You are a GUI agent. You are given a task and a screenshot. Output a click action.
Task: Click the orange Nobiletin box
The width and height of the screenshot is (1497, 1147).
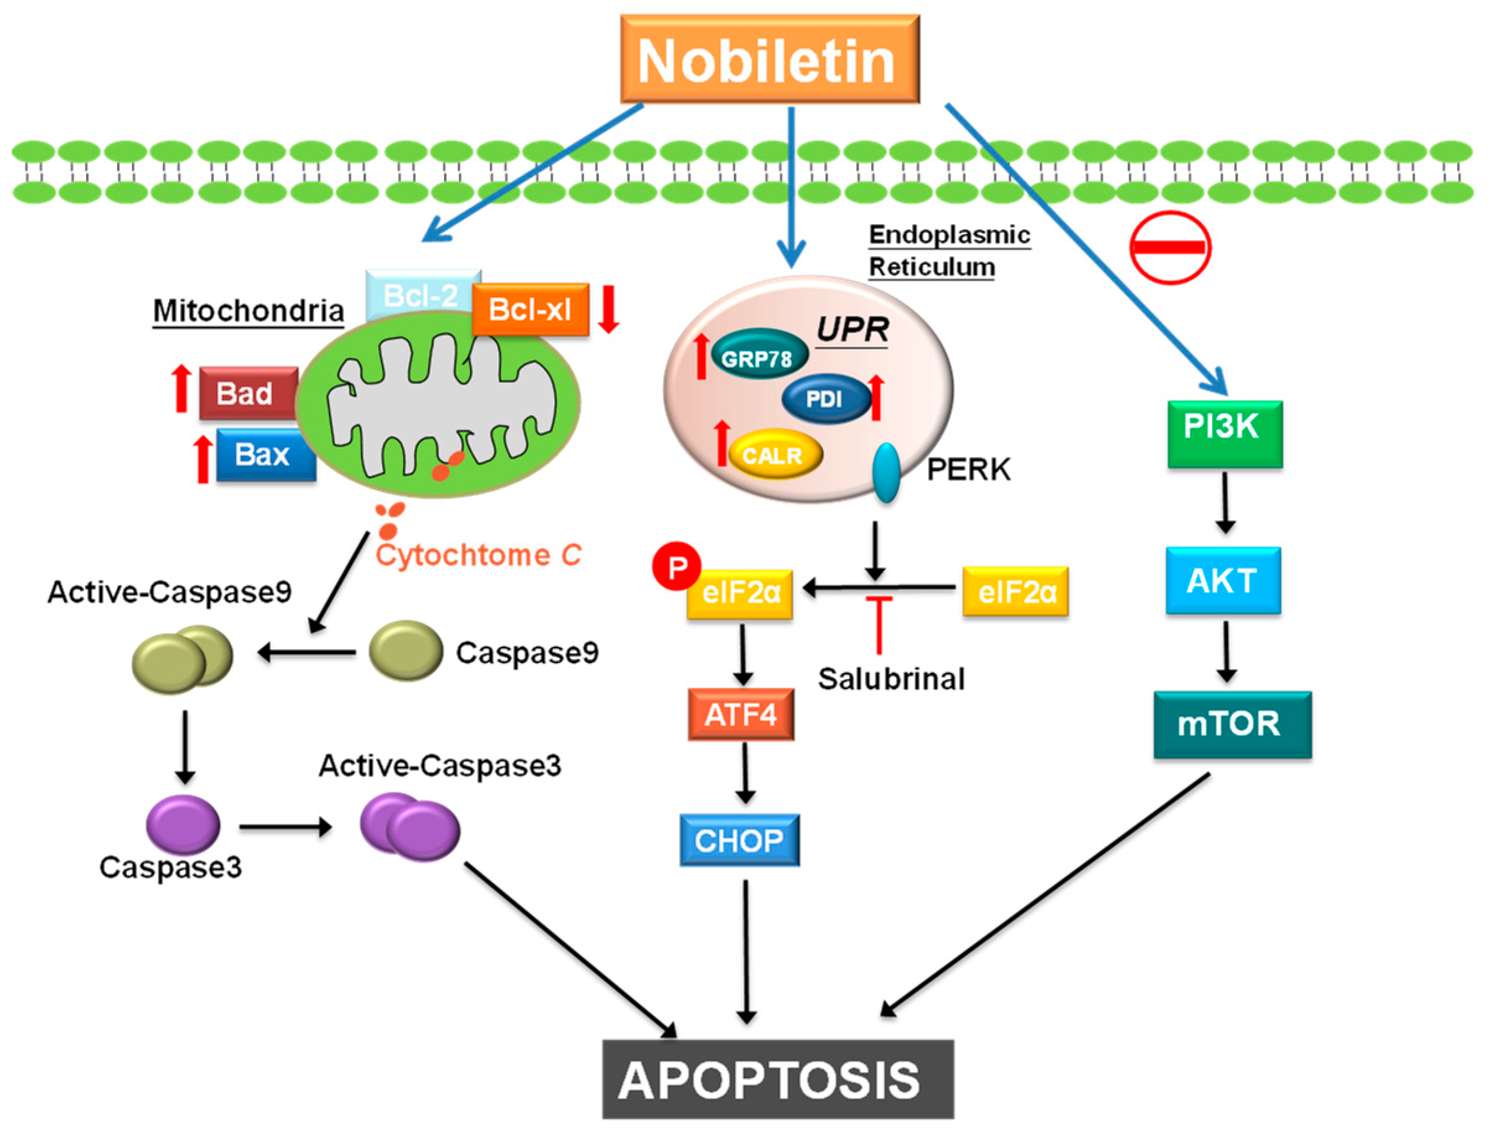(x=769, y=59)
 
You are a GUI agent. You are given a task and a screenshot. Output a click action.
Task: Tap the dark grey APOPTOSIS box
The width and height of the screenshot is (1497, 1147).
(x=777, y=1080)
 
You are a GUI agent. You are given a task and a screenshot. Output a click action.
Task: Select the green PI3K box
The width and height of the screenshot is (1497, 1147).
(x=1225, y=433)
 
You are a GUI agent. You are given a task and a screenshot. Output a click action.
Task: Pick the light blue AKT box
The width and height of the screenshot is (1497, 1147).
(x=1223, y=581)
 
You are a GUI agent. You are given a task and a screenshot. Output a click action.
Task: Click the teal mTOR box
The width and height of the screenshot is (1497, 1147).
(x=1231, y=724)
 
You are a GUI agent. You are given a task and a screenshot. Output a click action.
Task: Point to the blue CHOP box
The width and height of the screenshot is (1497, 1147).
(x=739, y=840)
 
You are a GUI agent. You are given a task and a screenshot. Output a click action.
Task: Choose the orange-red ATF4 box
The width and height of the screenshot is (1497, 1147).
(x=740, y=714)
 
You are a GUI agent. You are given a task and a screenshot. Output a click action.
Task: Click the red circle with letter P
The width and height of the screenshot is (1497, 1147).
(x=676, y=566)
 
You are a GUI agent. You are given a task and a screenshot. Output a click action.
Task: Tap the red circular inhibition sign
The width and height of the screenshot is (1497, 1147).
(x=1170, y=247)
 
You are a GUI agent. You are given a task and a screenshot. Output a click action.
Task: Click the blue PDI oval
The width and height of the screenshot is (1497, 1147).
(x=825, y=399)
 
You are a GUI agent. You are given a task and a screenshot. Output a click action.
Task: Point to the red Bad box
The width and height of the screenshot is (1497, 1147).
(x=248, y=393)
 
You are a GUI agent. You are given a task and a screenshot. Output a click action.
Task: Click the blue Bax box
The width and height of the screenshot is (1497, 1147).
(x=265, y=455)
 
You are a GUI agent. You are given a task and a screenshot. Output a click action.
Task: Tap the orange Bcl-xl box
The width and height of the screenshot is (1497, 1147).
(x=530, y=310)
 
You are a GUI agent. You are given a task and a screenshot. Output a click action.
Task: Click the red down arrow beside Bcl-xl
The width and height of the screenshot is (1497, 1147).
(x=608, y=309)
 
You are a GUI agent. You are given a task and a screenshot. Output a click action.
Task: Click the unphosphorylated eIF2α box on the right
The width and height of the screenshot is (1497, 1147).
(x=1015, y=591)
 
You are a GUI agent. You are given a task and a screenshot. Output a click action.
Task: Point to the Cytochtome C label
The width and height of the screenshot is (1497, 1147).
(x=478, y=555)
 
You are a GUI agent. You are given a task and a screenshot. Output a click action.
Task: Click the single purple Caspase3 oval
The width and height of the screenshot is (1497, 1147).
(x=183, y=825)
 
